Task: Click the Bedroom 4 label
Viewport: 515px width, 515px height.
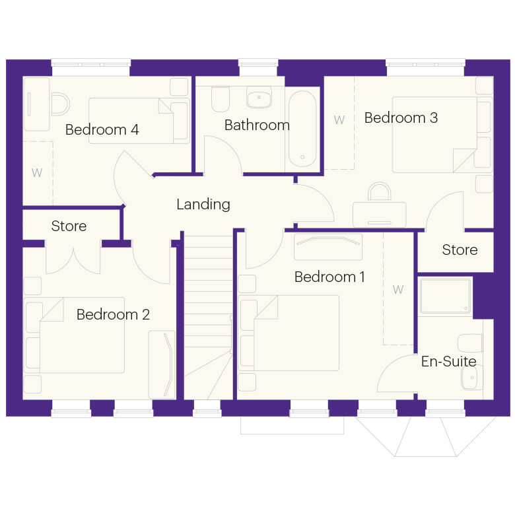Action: click(x=102, y=129)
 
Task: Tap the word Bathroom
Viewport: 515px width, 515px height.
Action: click(x=257, y=125)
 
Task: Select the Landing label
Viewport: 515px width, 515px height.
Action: click(x=203, y=204)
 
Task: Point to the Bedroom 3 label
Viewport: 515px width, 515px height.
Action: click(x=401, y=118)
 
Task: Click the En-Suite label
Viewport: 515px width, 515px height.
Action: click(x=449, y=361)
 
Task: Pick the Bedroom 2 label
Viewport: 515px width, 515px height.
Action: click(x=113, y=314)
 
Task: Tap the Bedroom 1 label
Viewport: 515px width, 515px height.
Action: click(x=329, y=277)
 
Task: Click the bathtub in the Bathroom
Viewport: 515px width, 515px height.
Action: click(x=302, y=129)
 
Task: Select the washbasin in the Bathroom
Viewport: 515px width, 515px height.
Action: click(x=259, y=97)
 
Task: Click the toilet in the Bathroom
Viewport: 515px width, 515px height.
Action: click(x=221, y=98)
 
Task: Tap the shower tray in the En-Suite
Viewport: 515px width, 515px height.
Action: click(x=445, y=296)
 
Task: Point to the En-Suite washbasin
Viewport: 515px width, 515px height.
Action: click(x=472, y=377)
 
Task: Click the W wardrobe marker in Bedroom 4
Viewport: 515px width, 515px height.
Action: click(x=37, y=172)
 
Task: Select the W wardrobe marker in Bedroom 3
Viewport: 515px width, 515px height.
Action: click(x=339, y=120)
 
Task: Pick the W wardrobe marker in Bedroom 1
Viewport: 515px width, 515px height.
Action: click(x=398, y=290)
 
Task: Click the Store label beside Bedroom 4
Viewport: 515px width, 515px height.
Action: click(x=69, y=226)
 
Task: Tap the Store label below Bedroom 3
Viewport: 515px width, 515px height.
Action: click(x=460, y=250)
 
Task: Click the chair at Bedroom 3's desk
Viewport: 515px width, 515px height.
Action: click(x=380, y=191)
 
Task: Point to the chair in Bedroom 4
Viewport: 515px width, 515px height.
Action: click(x=61, y=104)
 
